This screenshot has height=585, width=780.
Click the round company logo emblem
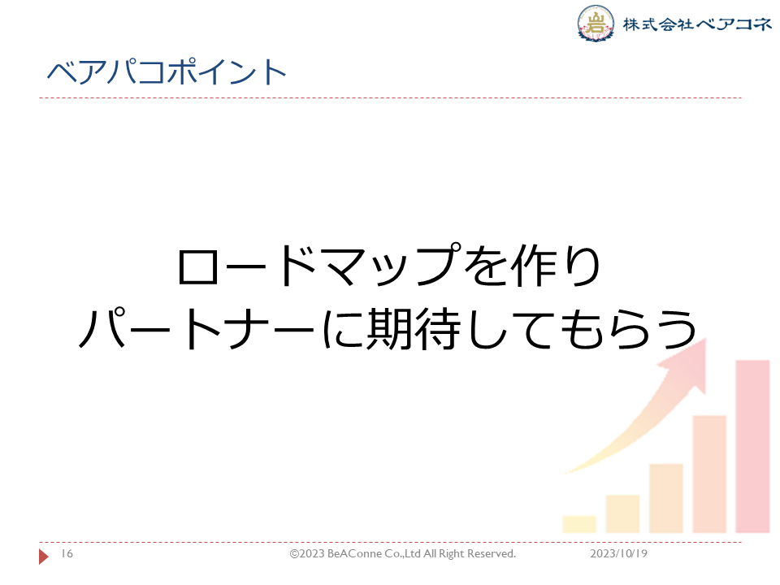(x=596, y=23)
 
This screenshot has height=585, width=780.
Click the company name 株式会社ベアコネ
(x=697, y=24)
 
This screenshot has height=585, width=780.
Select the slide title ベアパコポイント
(x=167, y=71)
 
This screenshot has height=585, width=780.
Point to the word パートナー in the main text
(x=197, y=328)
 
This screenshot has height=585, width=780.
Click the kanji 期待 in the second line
(x=414, y=329)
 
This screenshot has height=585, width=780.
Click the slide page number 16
(x=67, y=553)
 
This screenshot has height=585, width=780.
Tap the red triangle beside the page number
(x=44, y=556)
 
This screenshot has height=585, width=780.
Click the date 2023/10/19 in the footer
(x=618, y=553)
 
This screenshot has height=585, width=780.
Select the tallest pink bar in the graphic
(x=752, y=447)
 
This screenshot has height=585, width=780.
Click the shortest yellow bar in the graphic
(x=579, y=524)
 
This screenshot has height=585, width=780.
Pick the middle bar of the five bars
(x=666, y=498)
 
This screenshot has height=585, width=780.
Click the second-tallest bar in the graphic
(x=709, y=474)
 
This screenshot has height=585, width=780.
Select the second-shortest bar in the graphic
(x=622, y=513)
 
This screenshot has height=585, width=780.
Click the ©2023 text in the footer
(x=307, y=553)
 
